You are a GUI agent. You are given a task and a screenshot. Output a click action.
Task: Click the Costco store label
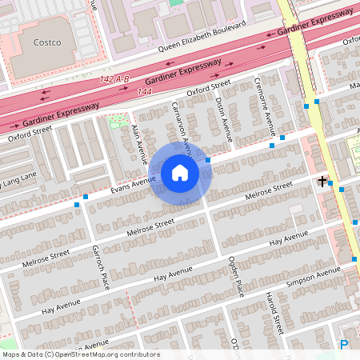click(47, 42)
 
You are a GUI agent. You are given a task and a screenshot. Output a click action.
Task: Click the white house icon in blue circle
click(180, 173)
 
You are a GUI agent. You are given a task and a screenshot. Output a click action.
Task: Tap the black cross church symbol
click(322, 182)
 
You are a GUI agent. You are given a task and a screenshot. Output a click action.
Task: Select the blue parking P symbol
click(344, 345)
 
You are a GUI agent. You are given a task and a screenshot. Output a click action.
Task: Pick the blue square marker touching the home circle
click(208, 160)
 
